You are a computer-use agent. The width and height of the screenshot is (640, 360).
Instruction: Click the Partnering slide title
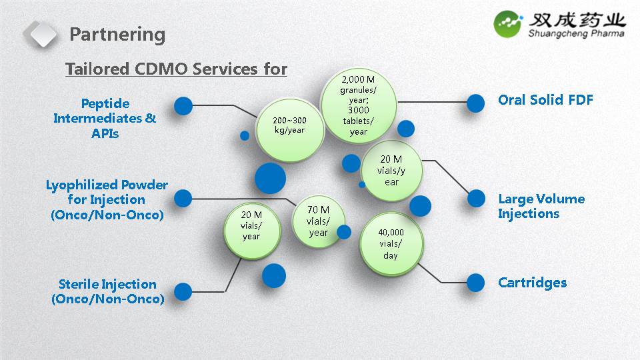[117, 34]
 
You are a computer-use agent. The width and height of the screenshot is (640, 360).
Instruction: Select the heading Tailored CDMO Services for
[176, 69]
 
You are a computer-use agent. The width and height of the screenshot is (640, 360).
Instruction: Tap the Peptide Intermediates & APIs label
[105, 118]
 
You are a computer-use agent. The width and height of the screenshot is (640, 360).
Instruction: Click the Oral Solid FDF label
[545, 100]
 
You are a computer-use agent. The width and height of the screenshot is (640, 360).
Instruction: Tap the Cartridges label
[532, 282]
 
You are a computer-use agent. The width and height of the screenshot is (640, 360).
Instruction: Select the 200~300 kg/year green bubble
[289, 129]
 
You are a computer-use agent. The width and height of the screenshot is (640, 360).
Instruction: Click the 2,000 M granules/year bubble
[358, 103]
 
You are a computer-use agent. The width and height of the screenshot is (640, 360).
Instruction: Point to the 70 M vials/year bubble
[318, 221]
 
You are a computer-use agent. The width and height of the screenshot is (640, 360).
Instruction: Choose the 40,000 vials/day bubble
[391, 243]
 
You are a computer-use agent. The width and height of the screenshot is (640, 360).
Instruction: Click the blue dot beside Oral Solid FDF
[475, 103]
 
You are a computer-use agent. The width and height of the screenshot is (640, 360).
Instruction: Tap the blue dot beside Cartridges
[475, 283]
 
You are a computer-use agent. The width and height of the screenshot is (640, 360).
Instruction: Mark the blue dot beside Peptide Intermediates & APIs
[183, 105]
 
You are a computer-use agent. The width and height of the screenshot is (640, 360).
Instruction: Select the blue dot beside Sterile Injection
[183, 291]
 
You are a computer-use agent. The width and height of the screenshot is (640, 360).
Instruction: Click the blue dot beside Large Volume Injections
[476, 198]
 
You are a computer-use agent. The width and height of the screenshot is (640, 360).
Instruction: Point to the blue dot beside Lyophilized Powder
[183, 198]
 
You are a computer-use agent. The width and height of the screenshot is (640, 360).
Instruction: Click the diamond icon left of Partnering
[41, 34]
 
